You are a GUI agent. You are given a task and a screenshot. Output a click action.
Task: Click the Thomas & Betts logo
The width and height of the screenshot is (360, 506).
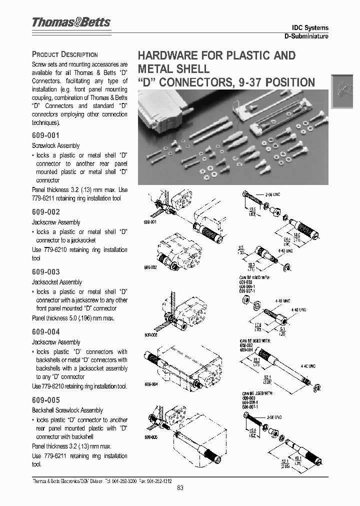(70, 22)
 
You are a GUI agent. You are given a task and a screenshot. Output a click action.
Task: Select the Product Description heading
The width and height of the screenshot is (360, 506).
(64, 54)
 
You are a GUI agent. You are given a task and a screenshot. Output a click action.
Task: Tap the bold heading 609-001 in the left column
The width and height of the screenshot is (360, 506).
(46, 135)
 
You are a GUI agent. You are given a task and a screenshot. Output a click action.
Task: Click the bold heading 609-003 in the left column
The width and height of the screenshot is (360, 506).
(46, 271)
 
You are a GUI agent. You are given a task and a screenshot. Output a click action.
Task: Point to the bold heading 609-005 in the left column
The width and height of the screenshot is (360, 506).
(46, 400)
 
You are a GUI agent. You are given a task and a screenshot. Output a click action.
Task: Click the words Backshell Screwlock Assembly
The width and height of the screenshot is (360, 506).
(67, 410)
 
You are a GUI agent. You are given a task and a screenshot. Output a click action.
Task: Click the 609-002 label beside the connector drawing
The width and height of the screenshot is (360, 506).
(150, 267)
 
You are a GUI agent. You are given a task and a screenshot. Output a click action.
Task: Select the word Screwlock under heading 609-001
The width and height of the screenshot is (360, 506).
(42, 145)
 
